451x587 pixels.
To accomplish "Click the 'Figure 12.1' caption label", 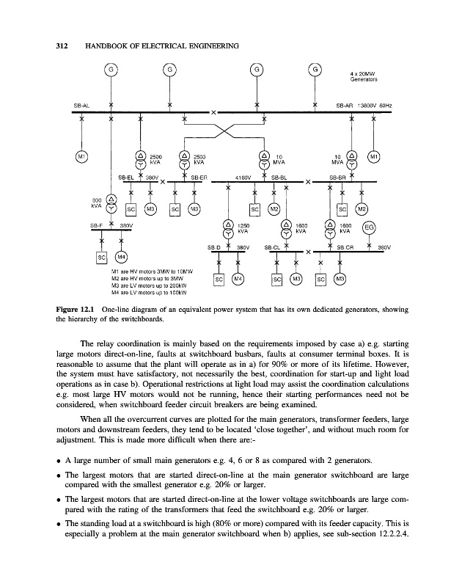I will (77, 310).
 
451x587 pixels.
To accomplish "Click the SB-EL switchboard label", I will (126, 177).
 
